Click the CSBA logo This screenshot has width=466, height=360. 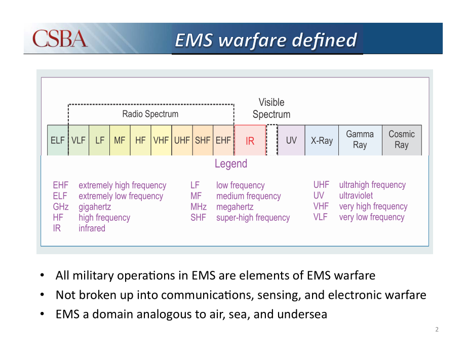[60, 38]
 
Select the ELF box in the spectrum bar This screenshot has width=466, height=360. [58, 140]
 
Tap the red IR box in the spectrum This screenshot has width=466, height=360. [250, 140]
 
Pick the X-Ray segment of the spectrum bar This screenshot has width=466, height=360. [322, 140]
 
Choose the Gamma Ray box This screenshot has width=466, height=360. [360, 140]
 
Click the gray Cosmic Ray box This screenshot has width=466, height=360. [402, 140]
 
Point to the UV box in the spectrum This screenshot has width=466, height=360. [291, 140]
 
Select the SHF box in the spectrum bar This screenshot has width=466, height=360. [203, 140]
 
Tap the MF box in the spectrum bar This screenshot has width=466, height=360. [120, 140]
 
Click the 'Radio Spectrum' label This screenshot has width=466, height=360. [150, 114]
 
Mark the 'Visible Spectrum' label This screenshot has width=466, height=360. [271, 108]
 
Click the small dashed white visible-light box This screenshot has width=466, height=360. [272, 140]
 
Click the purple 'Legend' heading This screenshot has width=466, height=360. [231, 164]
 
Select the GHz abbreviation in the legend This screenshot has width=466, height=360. [61, 207]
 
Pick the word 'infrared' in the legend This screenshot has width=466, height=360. [92, 228]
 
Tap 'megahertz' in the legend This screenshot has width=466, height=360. [235, 207]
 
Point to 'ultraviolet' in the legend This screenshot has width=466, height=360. [356, 195]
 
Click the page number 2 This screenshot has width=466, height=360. [437, 330]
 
